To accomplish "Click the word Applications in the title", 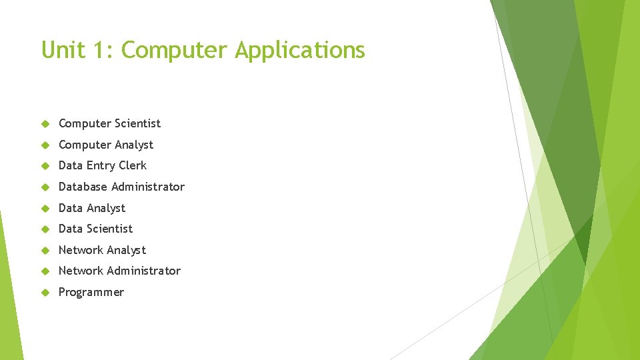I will coord(299,50).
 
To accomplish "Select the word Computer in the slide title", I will coord(175,50).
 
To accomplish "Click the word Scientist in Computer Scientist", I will coord(137,123).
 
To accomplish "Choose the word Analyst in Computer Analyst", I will coord(133,145).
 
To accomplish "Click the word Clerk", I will coord(133,165).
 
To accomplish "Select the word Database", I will coord(83,187).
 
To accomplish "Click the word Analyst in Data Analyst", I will coord(107,208).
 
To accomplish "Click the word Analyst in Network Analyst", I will coord(126,250).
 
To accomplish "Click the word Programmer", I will coord(91,293).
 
